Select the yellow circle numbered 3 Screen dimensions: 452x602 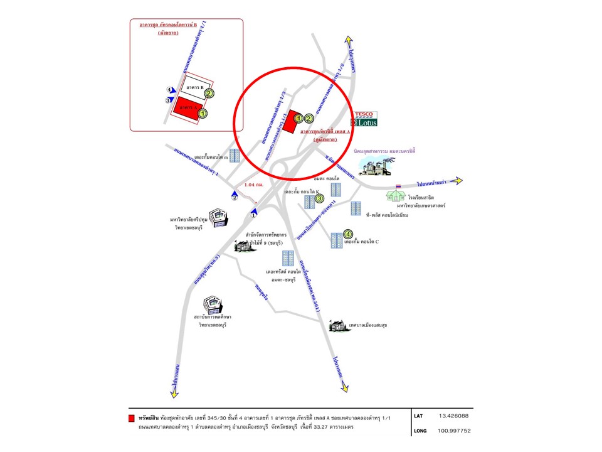click(x=319, y=199)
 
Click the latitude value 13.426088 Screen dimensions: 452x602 click(x=453, y=416)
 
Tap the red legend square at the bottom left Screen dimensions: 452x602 click(x=131, y=417)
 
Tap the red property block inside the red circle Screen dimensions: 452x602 click(x=288, y=121)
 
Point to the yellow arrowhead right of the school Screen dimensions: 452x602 click(x=458, y=181)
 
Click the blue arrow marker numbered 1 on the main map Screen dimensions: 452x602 click(x=253, y=212)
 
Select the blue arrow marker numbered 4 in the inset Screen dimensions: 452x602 click(x=169, y=90)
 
